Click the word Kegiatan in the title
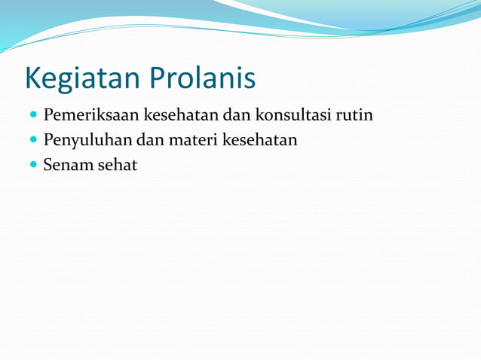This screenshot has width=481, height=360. (x=79, y=78)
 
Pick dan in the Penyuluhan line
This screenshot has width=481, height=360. (x=149, y=140)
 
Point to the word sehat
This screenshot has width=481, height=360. (x=117, y=165)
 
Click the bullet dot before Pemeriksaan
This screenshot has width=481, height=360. (x=33, y=117)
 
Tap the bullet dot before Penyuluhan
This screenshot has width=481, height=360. (x=33, y=141)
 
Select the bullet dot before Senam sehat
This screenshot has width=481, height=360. (x=33, y=165)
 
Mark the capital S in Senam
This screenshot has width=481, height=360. (x=47, y=165)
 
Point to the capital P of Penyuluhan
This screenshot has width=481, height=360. (x=48, y=140)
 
